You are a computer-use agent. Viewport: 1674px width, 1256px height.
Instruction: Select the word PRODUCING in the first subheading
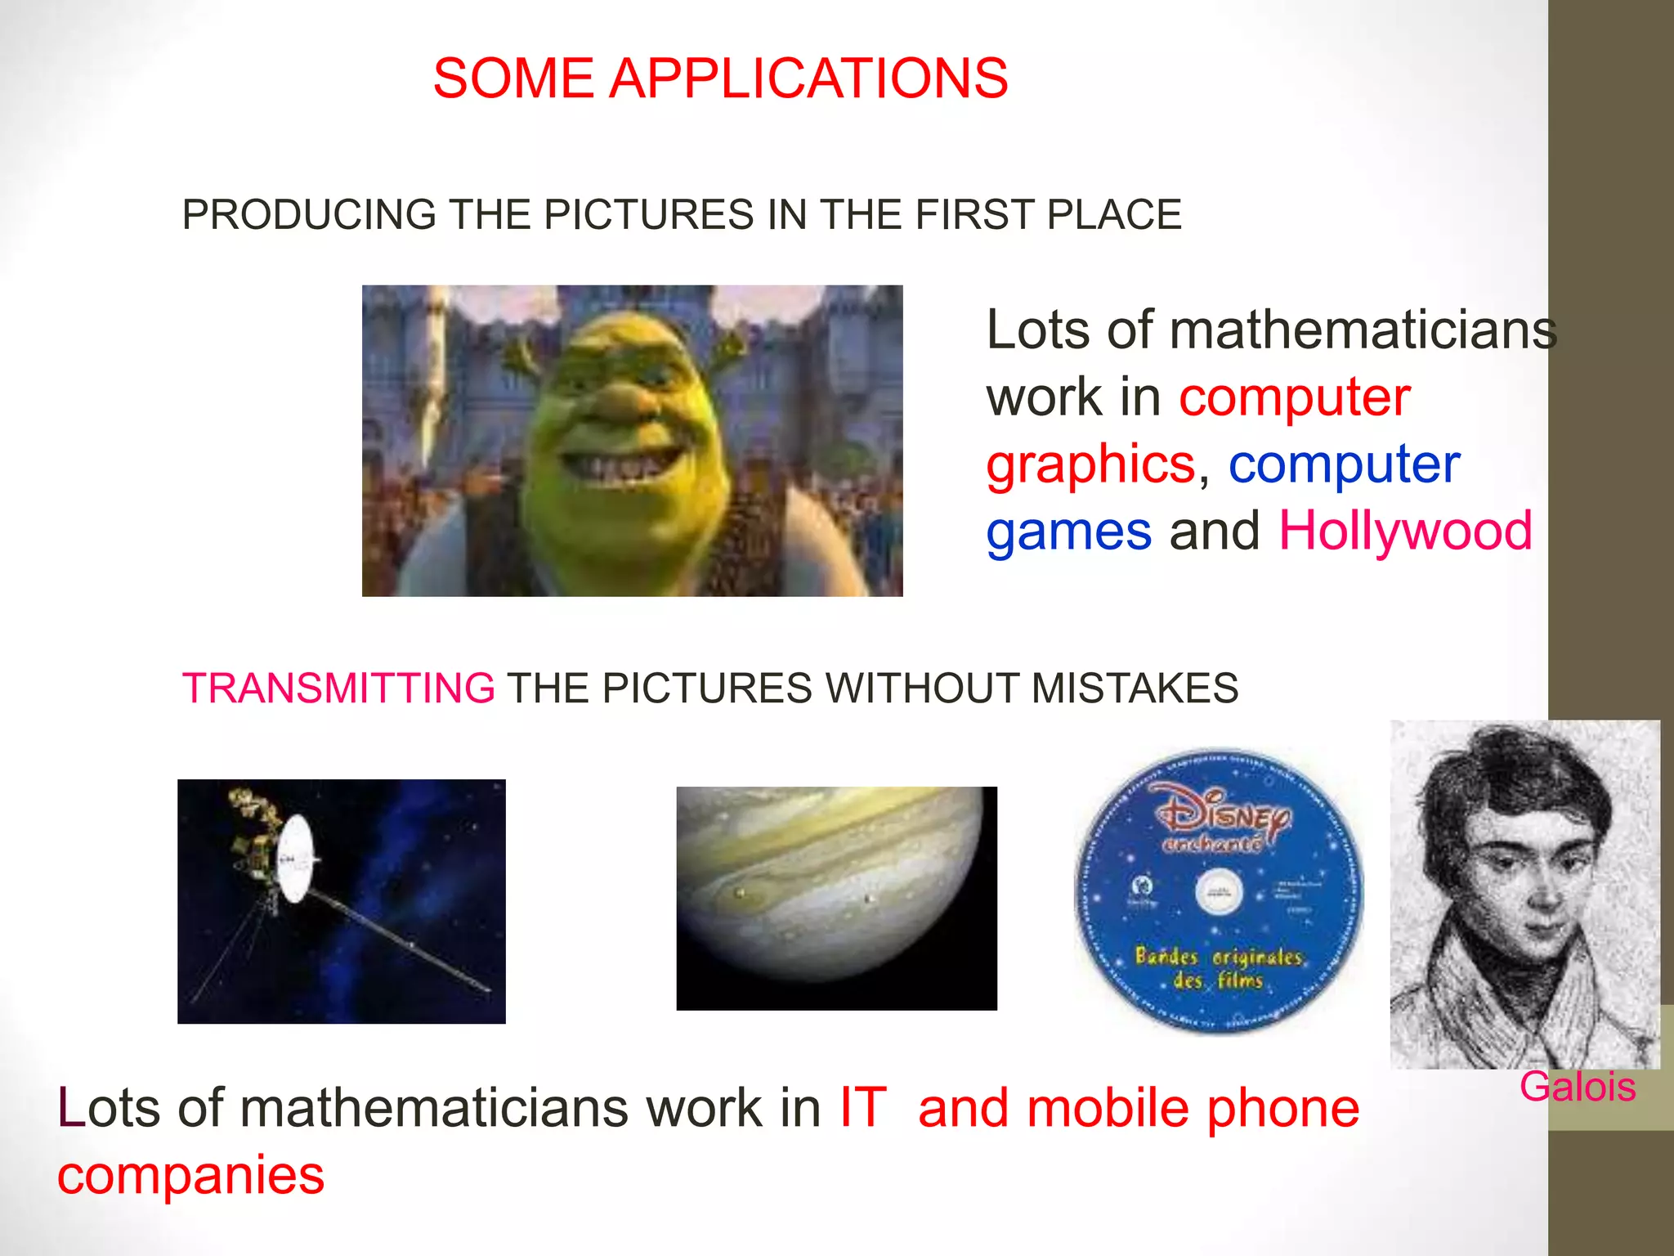point(309,215)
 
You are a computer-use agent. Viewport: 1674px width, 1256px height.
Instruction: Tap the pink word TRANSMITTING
point(338,688)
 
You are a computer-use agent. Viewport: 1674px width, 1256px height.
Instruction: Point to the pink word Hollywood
point(1405,531)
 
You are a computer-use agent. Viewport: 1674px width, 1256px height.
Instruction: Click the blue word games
point(1068,531)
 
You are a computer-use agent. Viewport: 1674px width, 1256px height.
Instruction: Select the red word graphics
point(1090,464)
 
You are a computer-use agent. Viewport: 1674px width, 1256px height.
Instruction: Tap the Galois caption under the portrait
point(1577,1087)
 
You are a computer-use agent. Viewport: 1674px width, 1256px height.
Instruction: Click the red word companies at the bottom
point(190,1175)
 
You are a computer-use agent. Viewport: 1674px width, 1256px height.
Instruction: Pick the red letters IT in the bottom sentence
point(862,1108)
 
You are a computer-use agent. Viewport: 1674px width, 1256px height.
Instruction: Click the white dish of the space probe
point(295,859)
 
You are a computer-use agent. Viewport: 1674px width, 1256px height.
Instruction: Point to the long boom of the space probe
point(401,940)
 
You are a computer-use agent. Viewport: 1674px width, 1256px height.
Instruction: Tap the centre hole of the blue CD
point(1219,892)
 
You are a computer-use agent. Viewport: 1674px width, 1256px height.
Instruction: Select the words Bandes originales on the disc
point(1218,956)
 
